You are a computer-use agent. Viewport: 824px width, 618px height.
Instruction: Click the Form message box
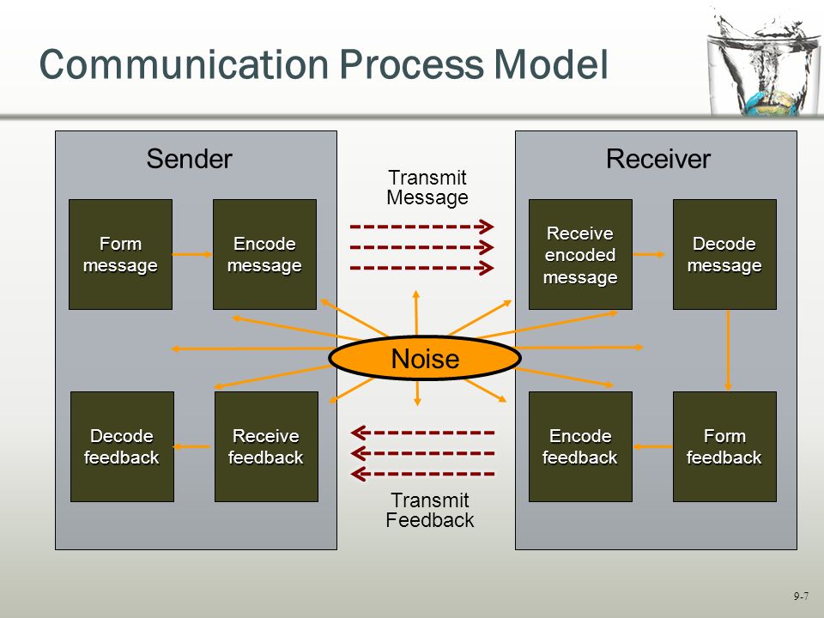coord(120,254)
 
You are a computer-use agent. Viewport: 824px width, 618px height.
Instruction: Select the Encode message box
coord(264,254)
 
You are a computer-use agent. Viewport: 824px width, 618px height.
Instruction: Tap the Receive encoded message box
coord(580,254)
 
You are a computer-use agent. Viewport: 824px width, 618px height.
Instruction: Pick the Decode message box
coord(724,254)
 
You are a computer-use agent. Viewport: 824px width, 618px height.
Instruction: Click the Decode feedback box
coord(122,446)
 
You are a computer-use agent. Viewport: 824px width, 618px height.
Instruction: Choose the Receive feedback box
coord(266,446)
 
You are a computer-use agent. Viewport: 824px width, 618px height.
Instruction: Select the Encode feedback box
coord(580,446)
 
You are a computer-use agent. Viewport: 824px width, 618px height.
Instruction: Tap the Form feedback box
coord(724,446)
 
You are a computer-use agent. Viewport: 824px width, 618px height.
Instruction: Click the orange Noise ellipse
coord(425,359)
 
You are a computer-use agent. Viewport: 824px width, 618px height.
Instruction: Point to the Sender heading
coord(189,159)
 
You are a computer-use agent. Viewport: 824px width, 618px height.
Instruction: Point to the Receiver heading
coord(658,159)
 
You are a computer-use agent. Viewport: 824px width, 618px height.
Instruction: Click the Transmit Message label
coord(427,188)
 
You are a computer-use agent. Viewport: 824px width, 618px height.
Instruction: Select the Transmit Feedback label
coord(430,510)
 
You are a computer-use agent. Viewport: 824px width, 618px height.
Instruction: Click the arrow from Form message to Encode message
coord(192,254)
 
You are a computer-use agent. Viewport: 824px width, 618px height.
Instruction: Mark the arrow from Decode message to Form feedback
coord(728,350)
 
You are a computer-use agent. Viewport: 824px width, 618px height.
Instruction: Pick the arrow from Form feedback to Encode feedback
coord(652,446)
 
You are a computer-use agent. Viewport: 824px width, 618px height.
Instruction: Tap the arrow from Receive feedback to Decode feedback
coord(191,446)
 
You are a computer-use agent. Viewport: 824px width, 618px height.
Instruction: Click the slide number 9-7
coord(801,596)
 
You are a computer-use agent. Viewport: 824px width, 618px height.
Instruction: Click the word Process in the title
coord(411,64)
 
